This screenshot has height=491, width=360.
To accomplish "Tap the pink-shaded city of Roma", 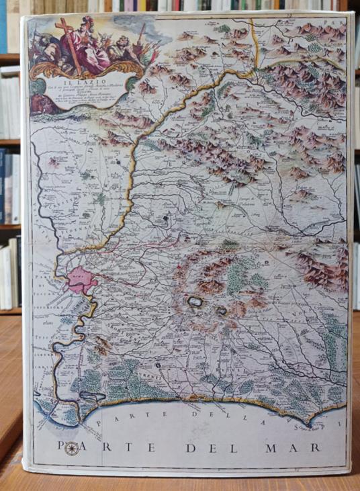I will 81,279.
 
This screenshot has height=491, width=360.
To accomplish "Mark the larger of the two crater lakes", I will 195,303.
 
